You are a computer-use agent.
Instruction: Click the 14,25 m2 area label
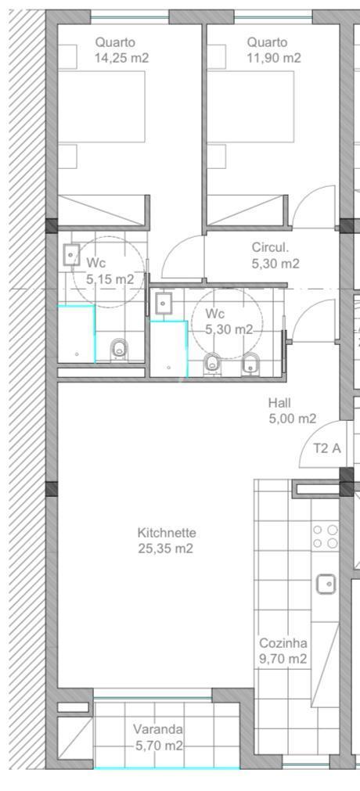point(121,58)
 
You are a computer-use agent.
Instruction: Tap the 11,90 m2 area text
point(274,58)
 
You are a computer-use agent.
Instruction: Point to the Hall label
point(279,403)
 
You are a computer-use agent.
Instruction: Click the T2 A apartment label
point(326,448)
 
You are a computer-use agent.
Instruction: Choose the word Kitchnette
point(166,533)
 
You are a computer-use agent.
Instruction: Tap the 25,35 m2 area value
point(166,548)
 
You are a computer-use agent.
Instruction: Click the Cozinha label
point(283,643)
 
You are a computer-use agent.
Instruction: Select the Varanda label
point(158,729)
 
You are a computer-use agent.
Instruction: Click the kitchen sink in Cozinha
point(326,584)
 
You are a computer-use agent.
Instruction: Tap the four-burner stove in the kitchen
point(325,536)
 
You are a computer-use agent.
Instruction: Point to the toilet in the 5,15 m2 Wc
point(119,349)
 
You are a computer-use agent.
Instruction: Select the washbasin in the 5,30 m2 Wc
point(163,304)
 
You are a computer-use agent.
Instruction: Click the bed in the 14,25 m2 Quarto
point(102,106)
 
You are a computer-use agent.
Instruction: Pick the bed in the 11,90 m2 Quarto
point(251,106)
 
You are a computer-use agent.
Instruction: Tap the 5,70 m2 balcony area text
point(159,745)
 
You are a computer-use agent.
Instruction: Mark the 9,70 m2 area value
point(283,659)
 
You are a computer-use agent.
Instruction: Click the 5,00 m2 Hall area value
point(293,419)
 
